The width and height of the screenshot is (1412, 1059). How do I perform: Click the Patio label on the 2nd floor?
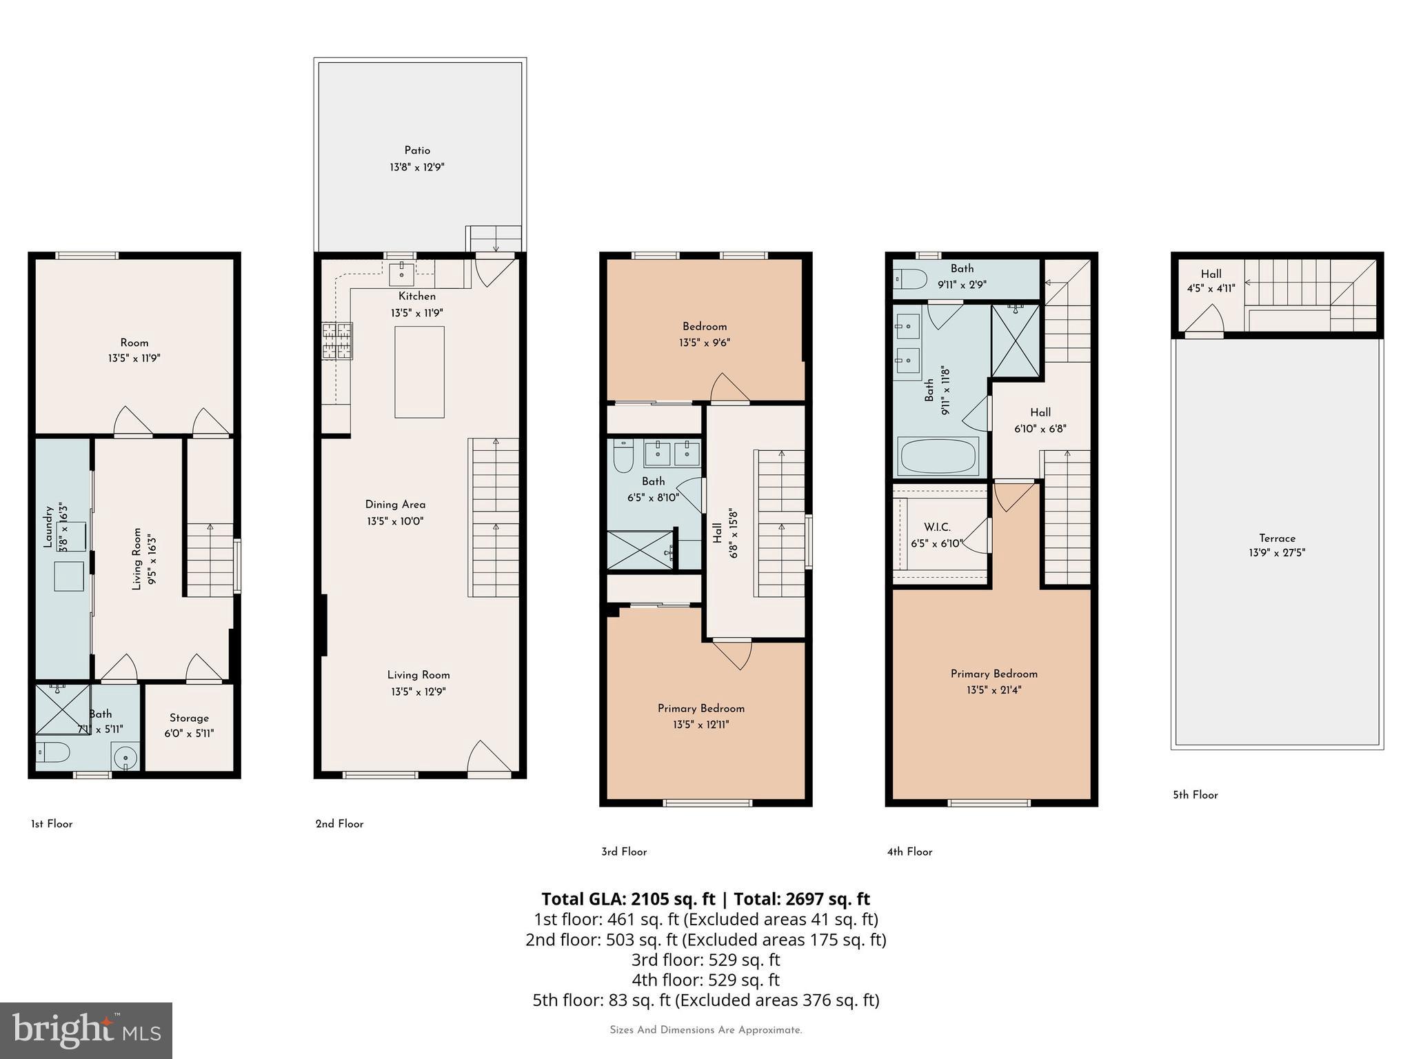tap(417, 150)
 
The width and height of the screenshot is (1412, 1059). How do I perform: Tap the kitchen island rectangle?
tap(419, 372)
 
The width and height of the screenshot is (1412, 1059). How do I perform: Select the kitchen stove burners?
tap(337, 341)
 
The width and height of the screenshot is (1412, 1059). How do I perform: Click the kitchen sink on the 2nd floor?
tap(402, 274)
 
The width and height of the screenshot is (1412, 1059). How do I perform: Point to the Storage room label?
tap(189, 718)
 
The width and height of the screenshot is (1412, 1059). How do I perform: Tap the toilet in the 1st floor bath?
tap(53, 752)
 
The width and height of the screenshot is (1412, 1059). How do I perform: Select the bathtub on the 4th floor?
tap(938, 456)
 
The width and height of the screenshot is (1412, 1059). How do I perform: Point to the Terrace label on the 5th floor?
tap(1277, 538)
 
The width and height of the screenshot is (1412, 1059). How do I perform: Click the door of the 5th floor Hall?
tap(1204, 321)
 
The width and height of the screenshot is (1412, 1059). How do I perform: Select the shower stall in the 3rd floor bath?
tap(641, 549)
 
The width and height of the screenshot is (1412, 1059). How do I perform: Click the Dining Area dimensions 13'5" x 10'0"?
tap(395, 521)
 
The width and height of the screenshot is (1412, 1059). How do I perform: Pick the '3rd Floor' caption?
tap(624, 851)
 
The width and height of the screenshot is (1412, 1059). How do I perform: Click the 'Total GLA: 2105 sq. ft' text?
tap(628, 899)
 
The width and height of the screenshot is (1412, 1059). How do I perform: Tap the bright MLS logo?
tap(86, 1031)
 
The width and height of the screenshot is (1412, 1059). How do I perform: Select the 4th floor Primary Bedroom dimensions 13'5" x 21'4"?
tap(994, 690)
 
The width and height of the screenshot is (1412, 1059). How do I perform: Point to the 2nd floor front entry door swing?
tap(490, 757)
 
